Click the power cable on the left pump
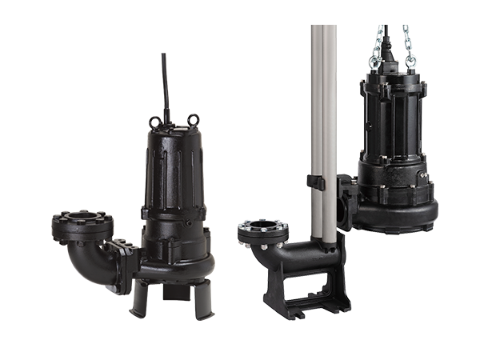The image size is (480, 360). pyautogui.click(x=165, y=84)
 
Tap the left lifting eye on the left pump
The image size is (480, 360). pyautogui.click(x=154, y=122)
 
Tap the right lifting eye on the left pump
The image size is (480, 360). pyautogui.click(x=193, y=121)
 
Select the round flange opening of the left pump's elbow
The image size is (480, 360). pyautogui.click(x=82, y=217)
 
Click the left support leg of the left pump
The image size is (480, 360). pyautogui.click(x=139, y=298)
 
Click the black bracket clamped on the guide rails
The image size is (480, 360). pyautogui.click(x=317, y=182)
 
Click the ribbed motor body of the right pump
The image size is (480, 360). pyautogui.click(x=392, y=120)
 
